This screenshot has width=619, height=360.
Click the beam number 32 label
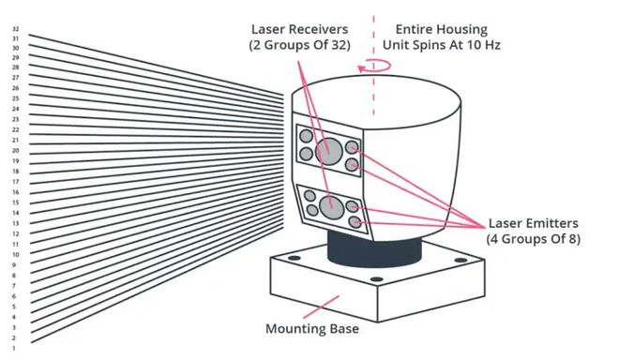[15, 29]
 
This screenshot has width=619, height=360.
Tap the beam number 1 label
[14, 348]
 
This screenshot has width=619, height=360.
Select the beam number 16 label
[15, 192]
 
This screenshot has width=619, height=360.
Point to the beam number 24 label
[15, 109]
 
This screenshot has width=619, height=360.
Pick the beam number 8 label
[14, 276]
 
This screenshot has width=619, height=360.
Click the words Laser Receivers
[299, 29]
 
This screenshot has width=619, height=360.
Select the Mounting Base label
[312, 328]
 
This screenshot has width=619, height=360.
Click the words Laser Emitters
[534, 223]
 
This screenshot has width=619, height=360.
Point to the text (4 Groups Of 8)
[534, 239]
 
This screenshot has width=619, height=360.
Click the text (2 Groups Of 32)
[299, 45]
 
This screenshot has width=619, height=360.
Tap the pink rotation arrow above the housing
[374, 66]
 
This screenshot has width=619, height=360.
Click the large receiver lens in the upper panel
[329, 151]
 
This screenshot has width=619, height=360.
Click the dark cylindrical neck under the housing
[374, 249]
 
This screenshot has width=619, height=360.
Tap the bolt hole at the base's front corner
[377, 279]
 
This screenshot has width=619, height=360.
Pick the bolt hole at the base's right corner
[460, 260]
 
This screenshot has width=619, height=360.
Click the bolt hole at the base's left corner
[294, 258]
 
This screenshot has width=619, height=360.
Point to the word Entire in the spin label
[415, 29]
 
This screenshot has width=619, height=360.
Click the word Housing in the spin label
[462, 30]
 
